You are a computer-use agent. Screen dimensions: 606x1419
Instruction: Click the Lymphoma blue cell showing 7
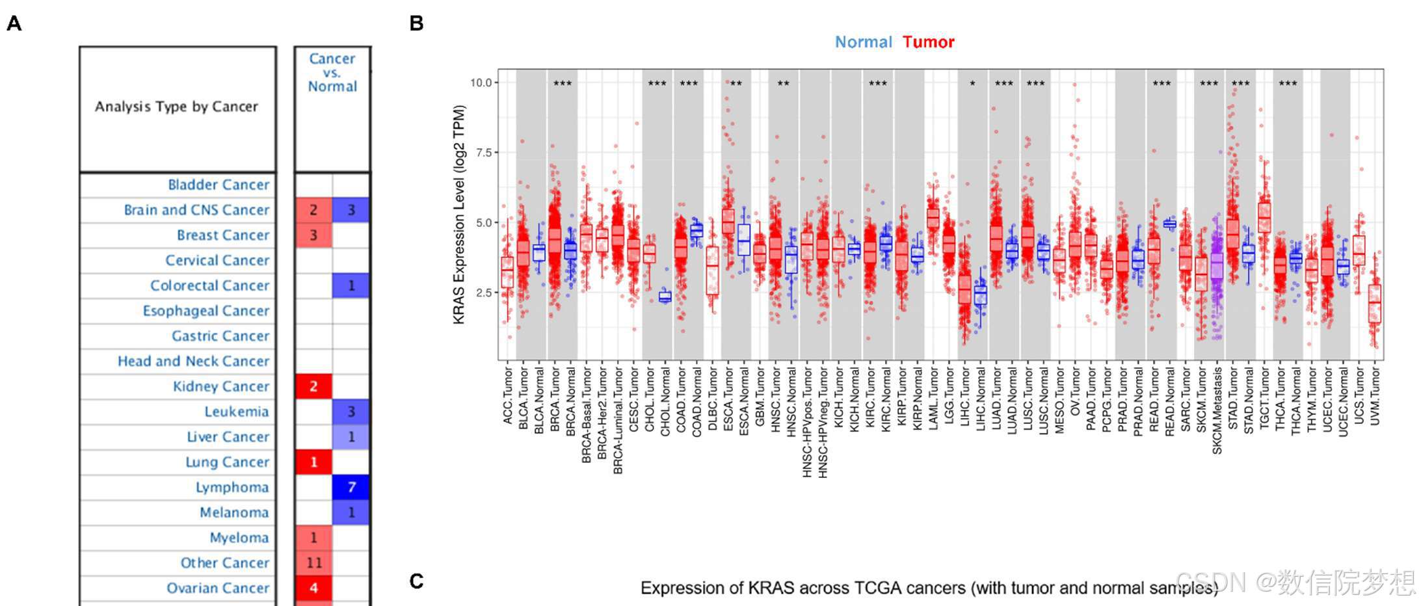point(351,487)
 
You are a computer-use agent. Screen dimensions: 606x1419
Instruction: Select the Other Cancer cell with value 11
point(313,563)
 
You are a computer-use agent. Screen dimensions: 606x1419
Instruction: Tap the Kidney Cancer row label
point(220,386)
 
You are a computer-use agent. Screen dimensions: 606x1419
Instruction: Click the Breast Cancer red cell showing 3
point(313,235)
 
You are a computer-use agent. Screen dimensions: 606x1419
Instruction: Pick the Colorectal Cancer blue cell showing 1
point(351,285)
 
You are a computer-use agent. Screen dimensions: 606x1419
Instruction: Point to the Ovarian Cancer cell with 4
point(313,588)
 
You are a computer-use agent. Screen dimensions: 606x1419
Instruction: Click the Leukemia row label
point(236,412)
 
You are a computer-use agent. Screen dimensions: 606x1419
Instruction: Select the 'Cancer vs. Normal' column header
point(332,72)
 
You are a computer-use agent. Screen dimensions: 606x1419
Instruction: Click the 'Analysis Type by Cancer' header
point(176,107)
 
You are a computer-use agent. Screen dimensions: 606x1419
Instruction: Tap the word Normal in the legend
point(863,42)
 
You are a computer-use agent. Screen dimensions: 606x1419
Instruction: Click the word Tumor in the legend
point(928,42)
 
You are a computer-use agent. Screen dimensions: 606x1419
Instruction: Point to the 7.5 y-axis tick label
point(481,153)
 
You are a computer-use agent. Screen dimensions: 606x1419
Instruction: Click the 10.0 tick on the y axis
point(481,83)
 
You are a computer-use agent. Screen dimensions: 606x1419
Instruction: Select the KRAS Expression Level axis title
point(459,215)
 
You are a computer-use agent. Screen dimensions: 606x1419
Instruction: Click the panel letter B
point(417,23)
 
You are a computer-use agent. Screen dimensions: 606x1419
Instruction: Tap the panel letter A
point(14,23)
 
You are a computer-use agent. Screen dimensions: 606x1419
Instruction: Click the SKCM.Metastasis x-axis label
point(1217,410)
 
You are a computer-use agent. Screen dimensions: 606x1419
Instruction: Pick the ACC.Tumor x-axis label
point(508,395)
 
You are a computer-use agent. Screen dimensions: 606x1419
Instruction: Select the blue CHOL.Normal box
point(665,297)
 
